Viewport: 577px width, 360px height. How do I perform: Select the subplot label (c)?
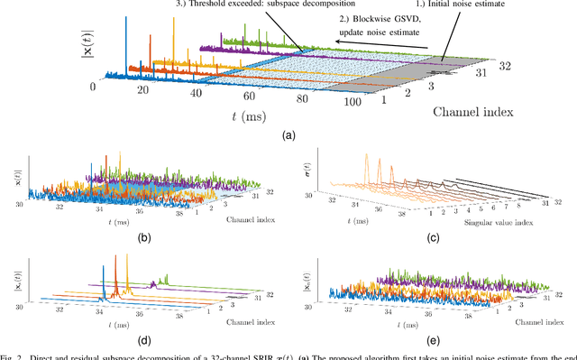point(433,239)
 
